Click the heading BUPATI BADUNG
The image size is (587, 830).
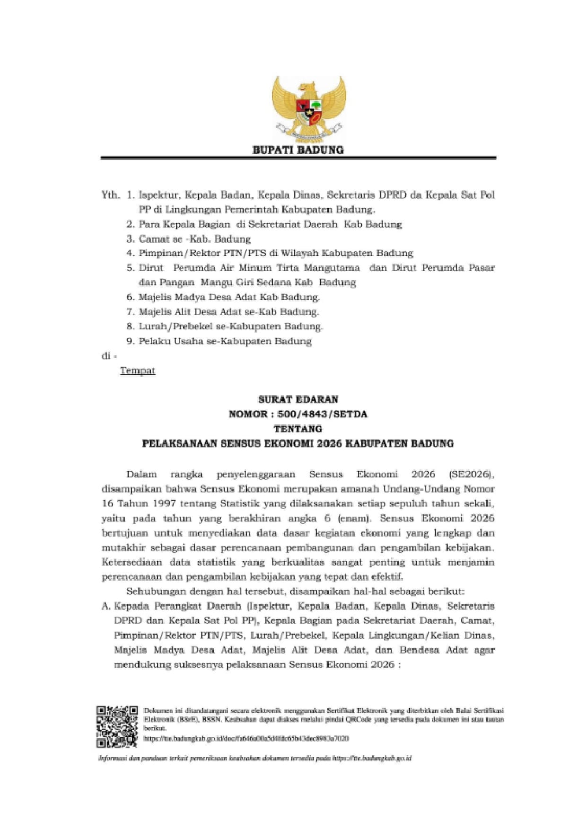pos(298,150)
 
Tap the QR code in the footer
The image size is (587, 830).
pos(117,726)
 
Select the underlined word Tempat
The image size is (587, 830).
pos(138,370)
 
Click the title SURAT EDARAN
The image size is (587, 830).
pos(298,399)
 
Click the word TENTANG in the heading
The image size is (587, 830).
pos(298,429)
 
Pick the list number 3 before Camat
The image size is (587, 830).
pos(131,238)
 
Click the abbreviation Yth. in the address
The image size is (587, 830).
pos(110,194)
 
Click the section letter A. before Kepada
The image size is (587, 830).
pos(106,606)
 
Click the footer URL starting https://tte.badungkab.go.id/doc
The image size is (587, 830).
pos(246,738)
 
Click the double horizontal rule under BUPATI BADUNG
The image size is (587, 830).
pos(298,158)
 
